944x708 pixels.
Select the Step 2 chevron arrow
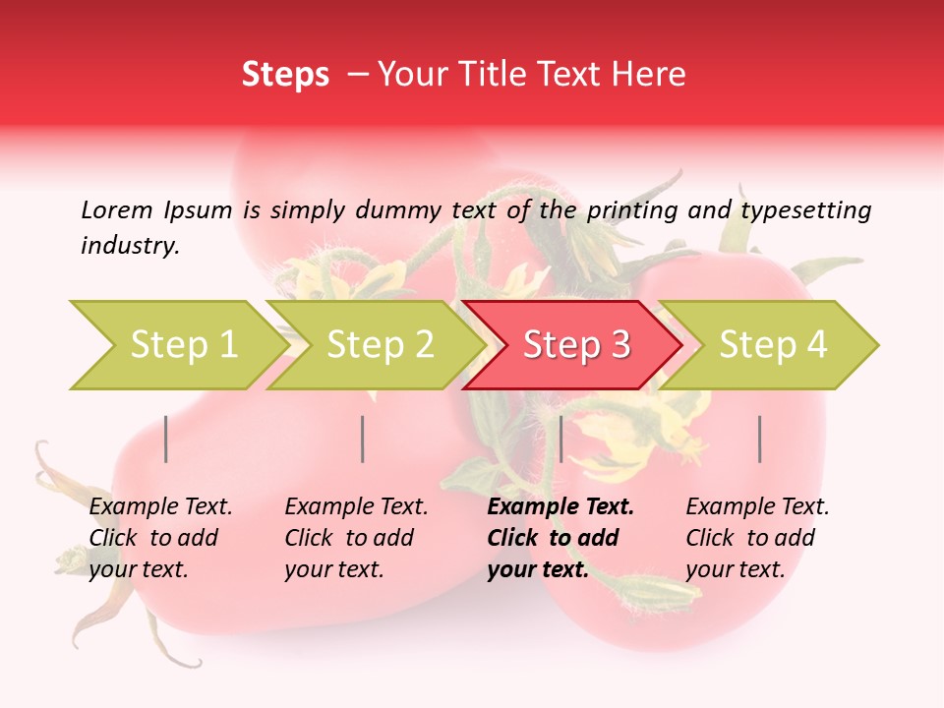(377, 345)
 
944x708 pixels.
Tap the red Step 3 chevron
(573, 345)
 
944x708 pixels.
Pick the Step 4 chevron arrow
(770, 345)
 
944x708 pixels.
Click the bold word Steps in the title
(285, 75)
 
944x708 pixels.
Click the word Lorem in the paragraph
(117, 209)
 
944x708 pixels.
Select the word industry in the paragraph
(130, 246)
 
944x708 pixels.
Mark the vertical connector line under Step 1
(166, 439)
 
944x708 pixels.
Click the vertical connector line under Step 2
(363, 439)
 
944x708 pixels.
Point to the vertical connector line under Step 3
(560, 439)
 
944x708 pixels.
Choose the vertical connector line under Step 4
(760, 439)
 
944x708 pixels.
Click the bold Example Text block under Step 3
(560, 538)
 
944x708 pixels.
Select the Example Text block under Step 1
(160, 538)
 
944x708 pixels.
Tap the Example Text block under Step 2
(356, 538)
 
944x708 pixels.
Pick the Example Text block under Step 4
(757, 538)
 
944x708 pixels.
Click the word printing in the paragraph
(634, 209)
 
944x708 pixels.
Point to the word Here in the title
(653, 75)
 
